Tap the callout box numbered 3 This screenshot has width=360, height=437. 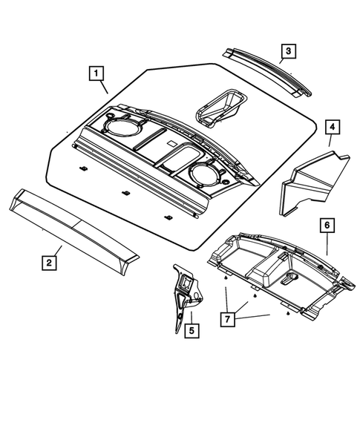(287, 51)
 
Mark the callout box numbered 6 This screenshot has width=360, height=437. (327, 225)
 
